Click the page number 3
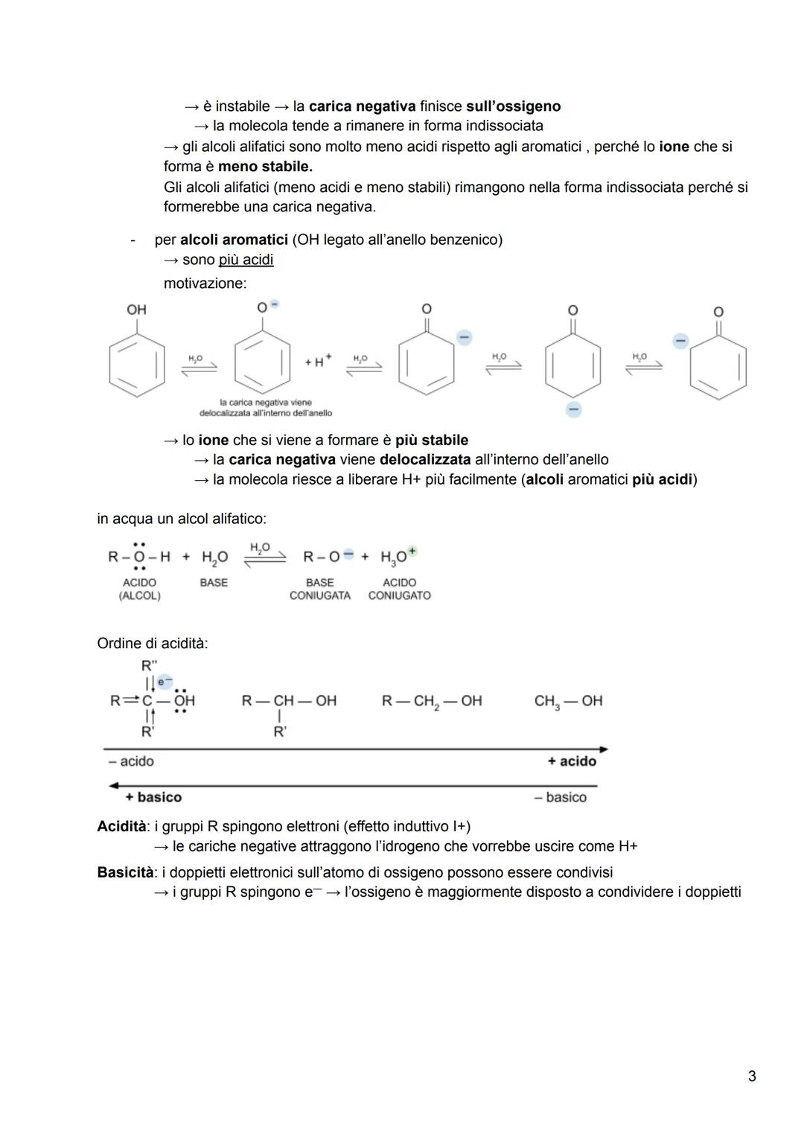pos(751,1075)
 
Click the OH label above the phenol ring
pos(136,310)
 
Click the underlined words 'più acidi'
pos(246,260)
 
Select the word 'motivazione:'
pos(205,284)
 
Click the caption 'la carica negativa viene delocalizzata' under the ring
pos(266,407)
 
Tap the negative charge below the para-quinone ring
pos(572,409)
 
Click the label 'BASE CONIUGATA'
pos(319,589)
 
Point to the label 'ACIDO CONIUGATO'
pos(399,589)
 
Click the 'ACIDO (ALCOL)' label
pos(139,589)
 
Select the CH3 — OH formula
pos(568,701)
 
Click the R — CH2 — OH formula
pos(432,701)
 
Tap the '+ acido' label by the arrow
pos(572,761)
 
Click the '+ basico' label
pos(153,797)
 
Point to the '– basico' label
pos(560,797)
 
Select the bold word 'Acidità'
pos(121,826)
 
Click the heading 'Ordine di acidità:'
pos(153,643)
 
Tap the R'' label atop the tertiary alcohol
pos(149,665)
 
